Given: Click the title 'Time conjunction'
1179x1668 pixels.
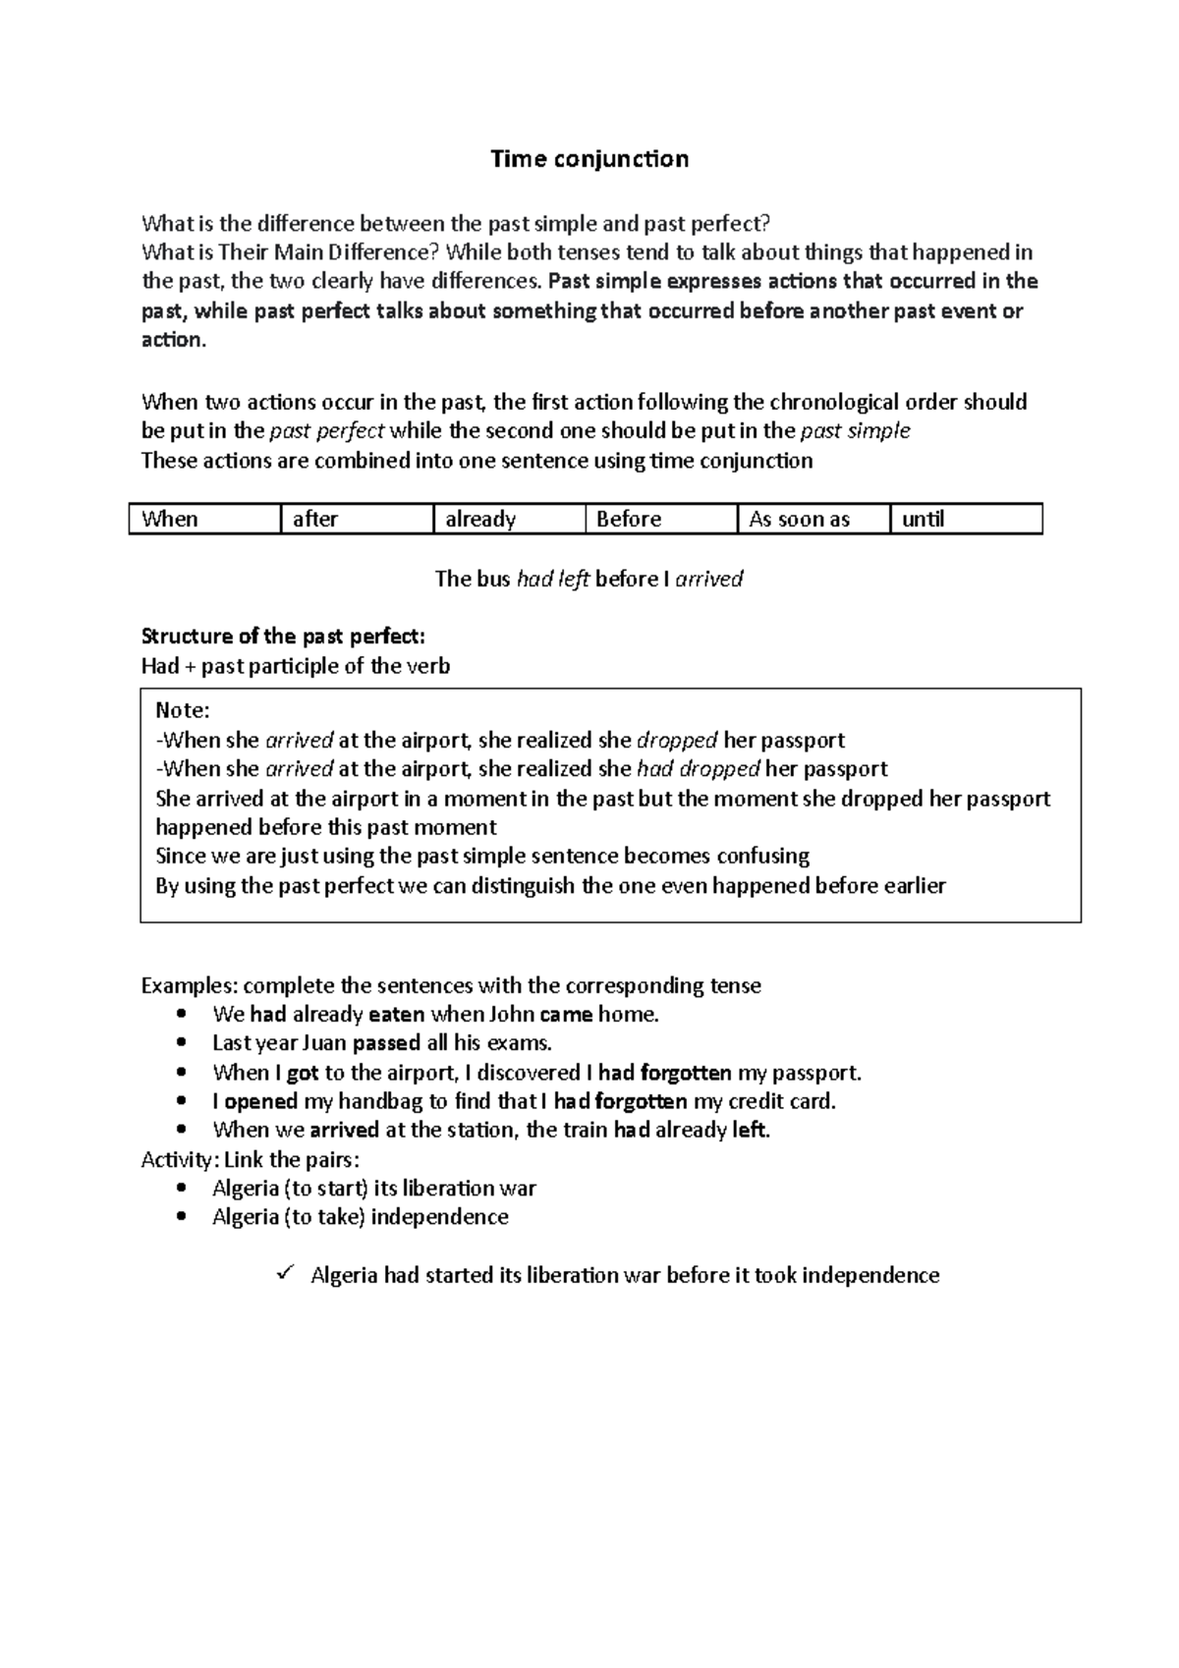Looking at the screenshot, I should point(589,159).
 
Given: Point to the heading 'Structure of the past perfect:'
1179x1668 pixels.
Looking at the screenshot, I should point(284,636).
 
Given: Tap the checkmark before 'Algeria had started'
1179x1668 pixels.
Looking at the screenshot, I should point(286,1273).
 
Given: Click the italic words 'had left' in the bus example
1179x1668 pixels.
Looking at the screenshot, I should point(553,579).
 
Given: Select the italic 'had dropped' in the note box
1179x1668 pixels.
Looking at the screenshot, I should point(699,768).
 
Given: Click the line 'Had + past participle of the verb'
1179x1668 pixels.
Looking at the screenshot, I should point(296,666).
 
